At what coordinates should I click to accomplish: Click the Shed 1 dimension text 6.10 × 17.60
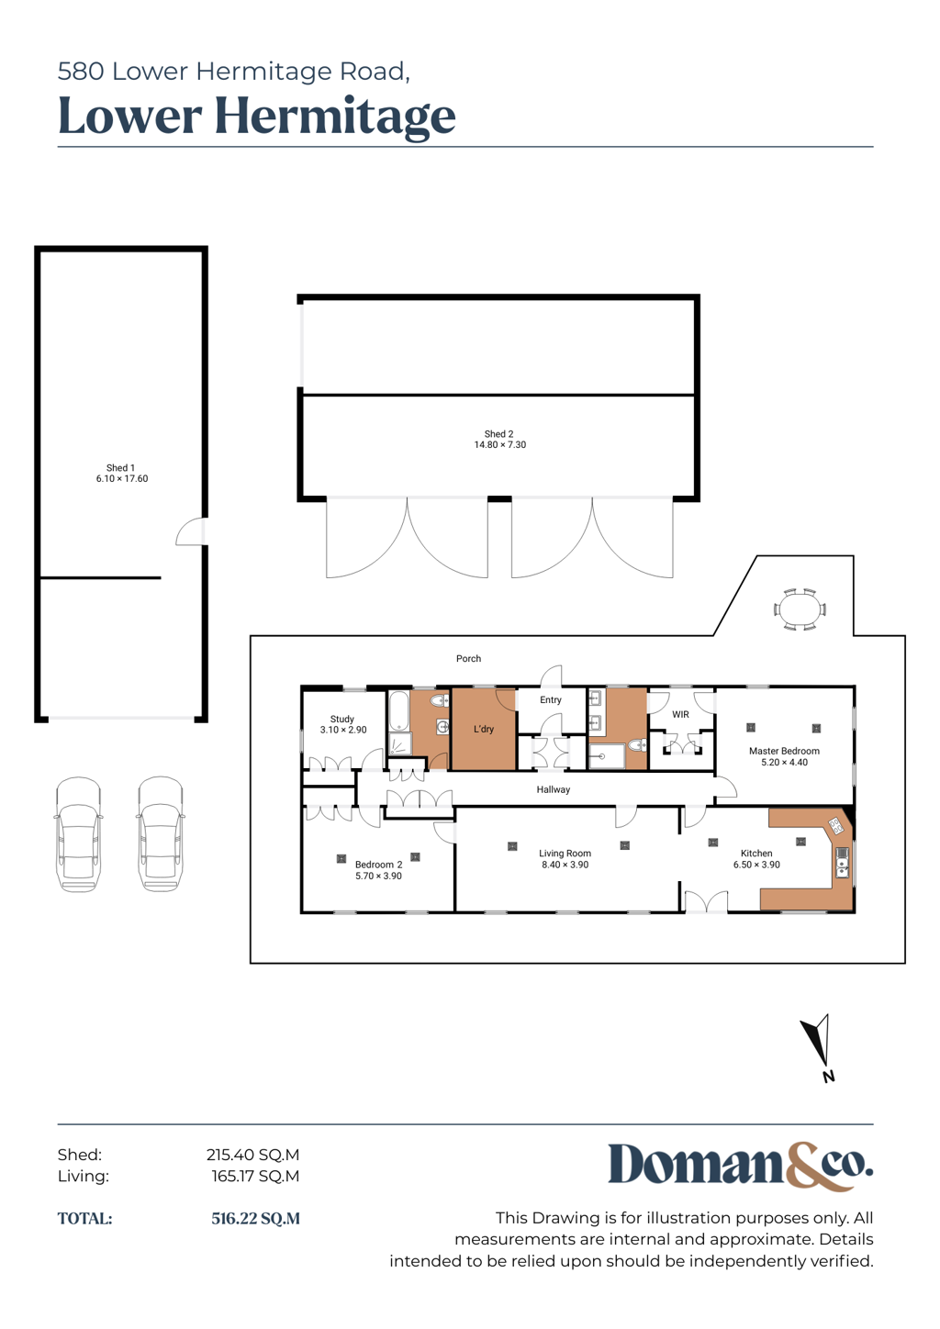coord(122,479)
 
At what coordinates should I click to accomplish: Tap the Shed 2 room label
coord(498,434)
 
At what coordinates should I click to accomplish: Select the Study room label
coord(341,719)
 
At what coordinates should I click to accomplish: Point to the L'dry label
coord(484,729)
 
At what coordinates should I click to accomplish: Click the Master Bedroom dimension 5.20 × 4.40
coord(784,763)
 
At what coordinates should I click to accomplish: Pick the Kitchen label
coord(756,854)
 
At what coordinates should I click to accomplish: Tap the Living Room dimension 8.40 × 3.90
coord(565,865)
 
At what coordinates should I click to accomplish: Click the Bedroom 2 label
coord(378,865)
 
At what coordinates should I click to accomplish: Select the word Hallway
coord(554,789)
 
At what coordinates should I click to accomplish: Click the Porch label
coord(468,659)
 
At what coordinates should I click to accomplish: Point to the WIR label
coord(680,714)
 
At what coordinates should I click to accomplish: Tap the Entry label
coord(550,699)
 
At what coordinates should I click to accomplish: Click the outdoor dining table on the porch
coord(800,609)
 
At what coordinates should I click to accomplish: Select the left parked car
coord(78,833)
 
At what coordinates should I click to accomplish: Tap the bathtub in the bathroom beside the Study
coord(399,710)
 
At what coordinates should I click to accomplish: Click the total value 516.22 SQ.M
coord(256,1218)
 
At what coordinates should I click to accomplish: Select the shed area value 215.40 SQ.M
coord(252,1155)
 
